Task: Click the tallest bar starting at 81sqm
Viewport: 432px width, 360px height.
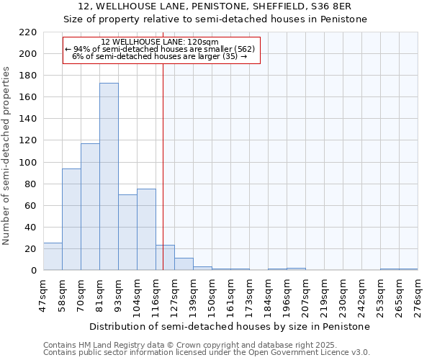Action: pos(109,176)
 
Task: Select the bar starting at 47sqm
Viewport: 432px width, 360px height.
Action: pos(53,256)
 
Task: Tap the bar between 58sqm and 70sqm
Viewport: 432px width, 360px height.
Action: pos(71,220)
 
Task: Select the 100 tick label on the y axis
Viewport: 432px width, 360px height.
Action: pos(28,162)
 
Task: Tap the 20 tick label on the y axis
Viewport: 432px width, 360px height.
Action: pos(31,248)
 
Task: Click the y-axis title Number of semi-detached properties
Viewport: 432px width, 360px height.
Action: pos(7,156)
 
